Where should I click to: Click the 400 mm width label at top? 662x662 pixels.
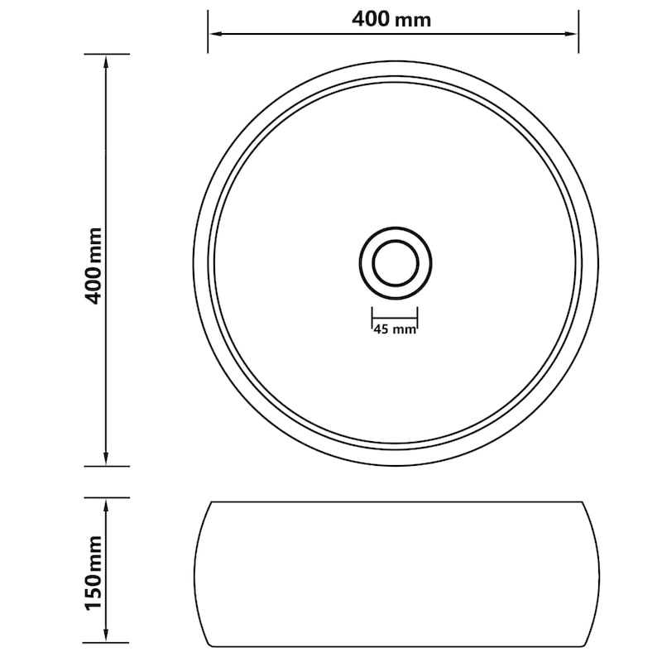point(391,19)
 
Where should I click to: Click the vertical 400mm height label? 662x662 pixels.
point(94,266)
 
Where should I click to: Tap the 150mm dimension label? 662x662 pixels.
point(94,573)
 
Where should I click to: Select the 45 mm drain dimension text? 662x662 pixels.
point(395,329)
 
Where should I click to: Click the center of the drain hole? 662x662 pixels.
point(396,263)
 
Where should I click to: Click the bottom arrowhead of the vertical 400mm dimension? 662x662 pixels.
point(106,459)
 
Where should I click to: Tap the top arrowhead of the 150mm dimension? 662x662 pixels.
point(106,506)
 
